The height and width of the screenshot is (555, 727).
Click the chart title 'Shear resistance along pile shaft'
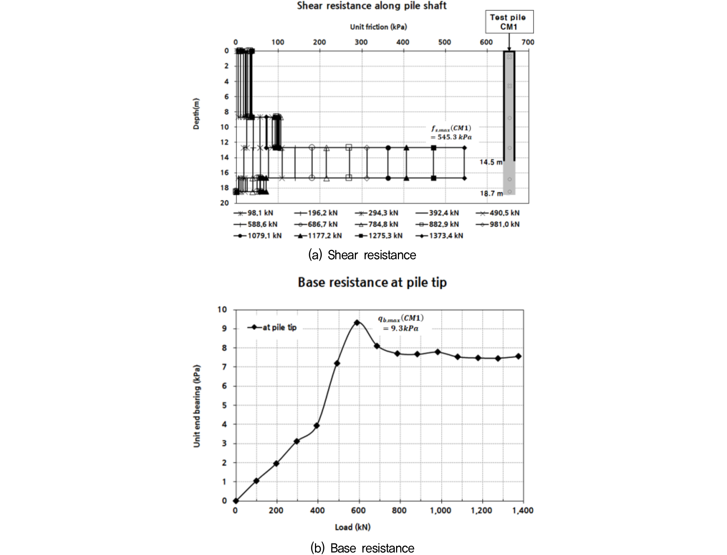371,6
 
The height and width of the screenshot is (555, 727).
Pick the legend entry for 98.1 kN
254,213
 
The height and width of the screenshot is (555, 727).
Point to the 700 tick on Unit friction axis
528,42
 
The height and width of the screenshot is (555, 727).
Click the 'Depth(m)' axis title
196,114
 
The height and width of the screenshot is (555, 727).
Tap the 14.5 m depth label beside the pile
491,162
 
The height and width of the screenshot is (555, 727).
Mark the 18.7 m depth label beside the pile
491,193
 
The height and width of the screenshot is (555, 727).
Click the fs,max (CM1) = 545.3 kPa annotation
451,133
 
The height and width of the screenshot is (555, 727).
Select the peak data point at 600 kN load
357,322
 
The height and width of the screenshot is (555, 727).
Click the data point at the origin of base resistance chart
236,501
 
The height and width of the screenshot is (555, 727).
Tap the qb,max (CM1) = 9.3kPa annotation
400,323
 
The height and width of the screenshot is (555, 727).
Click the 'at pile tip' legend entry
272,327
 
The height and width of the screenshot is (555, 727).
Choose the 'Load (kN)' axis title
352,527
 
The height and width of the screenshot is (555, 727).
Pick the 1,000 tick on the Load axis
440,510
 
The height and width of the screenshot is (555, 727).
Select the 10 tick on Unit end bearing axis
222,310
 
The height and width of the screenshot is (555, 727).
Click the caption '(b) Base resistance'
362,548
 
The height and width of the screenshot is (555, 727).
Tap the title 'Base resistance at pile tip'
372,282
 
